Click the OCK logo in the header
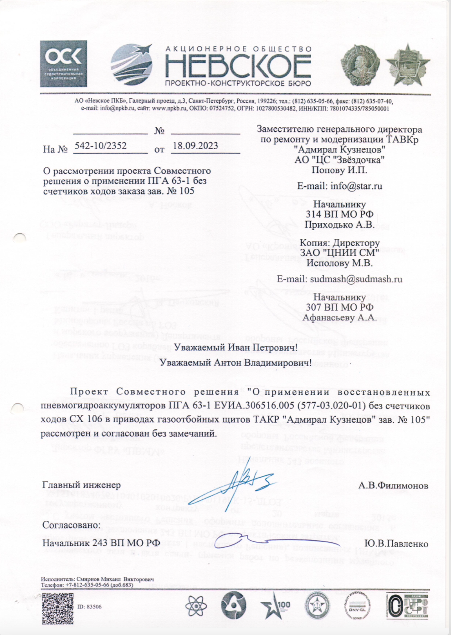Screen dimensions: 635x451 coord(63,63)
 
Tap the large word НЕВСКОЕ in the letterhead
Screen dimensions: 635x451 coord(238,66)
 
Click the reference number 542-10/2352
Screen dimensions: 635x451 coord(101,146)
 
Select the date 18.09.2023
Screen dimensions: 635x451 coord(195,146)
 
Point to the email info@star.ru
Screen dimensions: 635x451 coord(339,186)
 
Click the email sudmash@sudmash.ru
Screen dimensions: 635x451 coord(339,279)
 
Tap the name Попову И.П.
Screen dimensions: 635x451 coord(339,170)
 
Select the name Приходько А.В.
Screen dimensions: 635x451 coord(339,225)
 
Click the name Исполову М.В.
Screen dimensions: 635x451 coord(339,263)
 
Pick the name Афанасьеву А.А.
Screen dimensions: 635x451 coord(339,317)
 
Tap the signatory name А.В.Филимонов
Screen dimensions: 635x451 coord(393,486)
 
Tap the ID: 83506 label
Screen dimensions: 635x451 coord(89,607)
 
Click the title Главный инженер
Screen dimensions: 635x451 coord(82,485)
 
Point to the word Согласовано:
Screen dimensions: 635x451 coord(71,525)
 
